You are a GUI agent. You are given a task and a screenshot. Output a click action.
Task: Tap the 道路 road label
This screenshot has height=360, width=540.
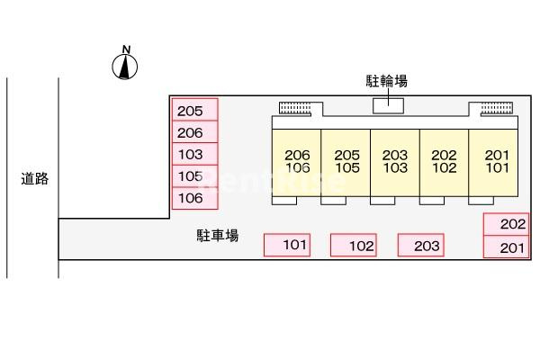(35, 178)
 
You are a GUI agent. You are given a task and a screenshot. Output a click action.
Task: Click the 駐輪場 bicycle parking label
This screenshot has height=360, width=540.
(388, 82)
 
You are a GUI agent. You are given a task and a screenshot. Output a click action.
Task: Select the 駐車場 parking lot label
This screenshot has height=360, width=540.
(218, 236)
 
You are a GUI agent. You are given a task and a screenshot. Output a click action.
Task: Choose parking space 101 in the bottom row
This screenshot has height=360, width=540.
(286, 245)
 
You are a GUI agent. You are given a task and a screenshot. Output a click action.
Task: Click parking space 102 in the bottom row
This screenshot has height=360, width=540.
(354, 245)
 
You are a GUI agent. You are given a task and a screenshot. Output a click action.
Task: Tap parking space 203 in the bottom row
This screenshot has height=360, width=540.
(421, 245)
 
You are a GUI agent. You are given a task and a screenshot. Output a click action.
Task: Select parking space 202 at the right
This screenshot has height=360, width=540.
(507, 224)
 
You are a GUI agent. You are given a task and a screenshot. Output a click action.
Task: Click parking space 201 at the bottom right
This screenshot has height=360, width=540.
(507, 247)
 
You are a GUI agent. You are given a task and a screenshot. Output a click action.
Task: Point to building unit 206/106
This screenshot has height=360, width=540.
(297, 161)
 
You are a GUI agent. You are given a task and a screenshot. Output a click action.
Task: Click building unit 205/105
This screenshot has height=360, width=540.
(346, 161)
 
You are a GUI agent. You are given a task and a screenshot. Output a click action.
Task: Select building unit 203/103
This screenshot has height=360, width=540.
(395, 161)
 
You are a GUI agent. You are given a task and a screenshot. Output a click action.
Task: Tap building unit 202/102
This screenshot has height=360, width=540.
(445, 161)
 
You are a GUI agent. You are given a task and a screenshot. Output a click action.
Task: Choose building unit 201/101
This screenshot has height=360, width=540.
(494, 161)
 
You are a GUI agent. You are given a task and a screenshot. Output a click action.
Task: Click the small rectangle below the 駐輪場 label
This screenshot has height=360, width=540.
(388, 106)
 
